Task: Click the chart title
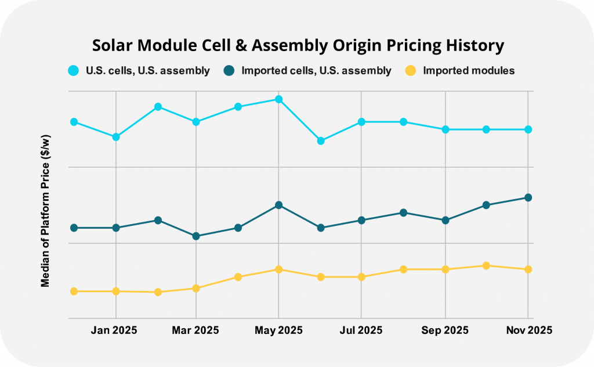[297, 45]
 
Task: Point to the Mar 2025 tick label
[197, 330]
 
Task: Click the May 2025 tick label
[278, 330]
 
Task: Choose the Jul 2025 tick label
[361, 330]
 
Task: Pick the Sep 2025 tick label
[445, 330]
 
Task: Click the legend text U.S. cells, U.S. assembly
[148, 71]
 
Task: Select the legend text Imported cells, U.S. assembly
[316, 71]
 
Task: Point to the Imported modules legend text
[469, 71]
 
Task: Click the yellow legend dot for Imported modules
[411, 71]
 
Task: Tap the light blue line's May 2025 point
[278, 99]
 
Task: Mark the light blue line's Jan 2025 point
[116, 137]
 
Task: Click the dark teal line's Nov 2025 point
[528, 197]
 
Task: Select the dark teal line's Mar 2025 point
[196, 236]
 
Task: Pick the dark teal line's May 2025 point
[278, 205]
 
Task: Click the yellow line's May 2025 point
[278, 269]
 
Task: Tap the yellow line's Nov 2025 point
[528, 269]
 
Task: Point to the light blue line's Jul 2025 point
[361, 122]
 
